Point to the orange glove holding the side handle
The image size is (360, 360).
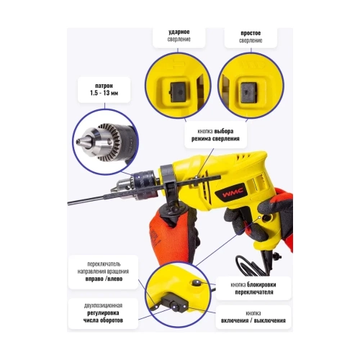point(167,235)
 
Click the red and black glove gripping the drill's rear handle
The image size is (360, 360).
point(277,216)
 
